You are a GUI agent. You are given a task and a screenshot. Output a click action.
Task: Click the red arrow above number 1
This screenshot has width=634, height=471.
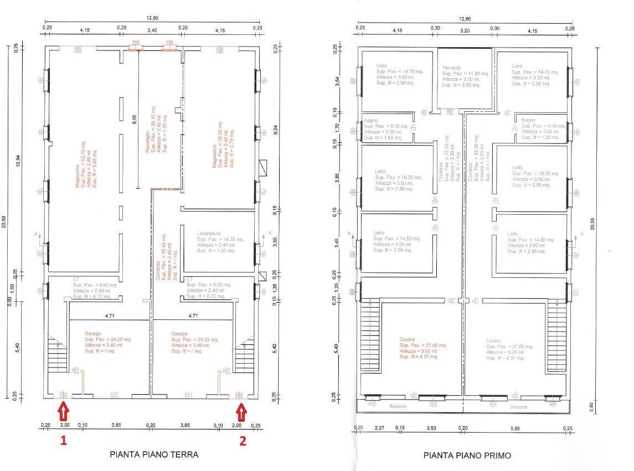[64, 412]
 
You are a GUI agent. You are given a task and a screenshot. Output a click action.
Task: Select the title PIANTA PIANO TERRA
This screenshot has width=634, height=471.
[154, 454]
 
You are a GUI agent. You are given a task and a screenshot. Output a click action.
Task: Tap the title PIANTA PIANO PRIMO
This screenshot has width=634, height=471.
[467, 456]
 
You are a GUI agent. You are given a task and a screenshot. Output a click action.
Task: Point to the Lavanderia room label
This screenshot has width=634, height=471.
[209, 233]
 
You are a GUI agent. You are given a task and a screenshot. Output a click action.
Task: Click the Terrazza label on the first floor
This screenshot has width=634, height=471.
[451, 68]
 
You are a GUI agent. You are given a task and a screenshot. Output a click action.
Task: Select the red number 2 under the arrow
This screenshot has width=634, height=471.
[242, 441]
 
